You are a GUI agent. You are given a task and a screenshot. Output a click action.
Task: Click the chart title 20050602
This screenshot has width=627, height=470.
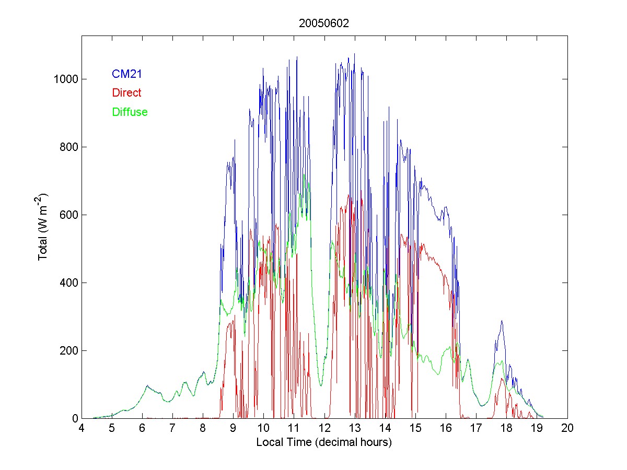click(324, 23)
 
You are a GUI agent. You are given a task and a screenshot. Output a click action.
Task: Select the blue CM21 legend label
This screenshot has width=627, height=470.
click(127, 74)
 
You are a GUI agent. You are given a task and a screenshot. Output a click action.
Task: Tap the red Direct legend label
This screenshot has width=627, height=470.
click(126, 93)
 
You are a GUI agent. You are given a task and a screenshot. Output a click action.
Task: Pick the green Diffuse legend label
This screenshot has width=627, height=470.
click(130, 112)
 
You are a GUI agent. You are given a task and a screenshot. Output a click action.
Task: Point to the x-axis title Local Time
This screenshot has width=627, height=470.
click(324, 442)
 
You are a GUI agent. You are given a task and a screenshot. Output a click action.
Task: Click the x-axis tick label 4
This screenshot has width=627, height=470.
click(82, 428)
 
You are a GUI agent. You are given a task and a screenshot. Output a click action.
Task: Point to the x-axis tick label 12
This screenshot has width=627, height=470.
click(324, 428)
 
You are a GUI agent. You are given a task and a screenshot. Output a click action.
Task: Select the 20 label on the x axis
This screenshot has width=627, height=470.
click(567, 428)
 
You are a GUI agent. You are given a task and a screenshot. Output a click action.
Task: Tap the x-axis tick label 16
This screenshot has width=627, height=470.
click(446, 428)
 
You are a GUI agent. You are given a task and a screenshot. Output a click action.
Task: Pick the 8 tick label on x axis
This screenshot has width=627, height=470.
click(203, 428)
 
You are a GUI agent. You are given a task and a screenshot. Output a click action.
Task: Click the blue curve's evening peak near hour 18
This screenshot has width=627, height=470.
click(502, 321)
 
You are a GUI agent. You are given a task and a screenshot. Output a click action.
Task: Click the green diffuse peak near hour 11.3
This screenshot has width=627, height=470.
click(304, 175)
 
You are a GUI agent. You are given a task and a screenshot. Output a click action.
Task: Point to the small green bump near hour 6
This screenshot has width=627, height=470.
click(148, 386)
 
